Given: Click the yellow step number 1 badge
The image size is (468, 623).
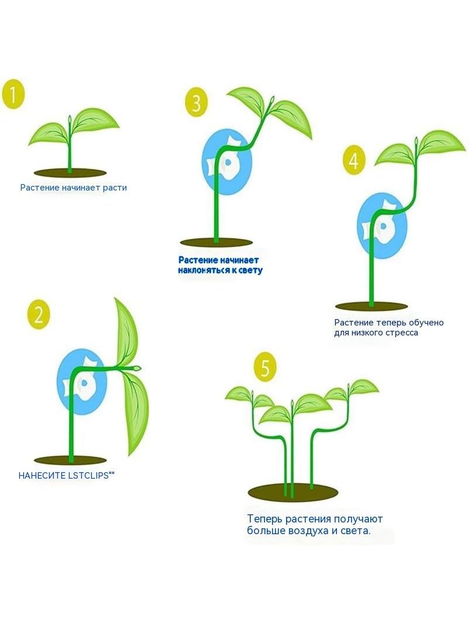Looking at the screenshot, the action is coord(13,95).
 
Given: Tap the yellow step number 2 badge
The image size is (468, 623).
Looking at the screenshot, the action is coord(39,314).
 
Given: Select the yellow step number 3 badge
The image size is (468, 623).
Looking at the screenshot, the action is coord(197,102).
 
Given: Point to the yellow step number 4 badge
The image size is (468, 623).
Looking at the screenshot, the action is coord(354,160).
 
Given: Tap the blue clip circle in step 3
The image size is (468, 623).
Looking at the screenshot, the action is coord(227,162).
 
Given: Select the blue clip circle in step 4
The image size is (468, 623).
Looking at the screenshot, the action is coord(382,226).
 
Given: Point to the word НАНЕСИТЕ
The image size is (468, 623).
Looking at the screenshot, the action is coord(42,476).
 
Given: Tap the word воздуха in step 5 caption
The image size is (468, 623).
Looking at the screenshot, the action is coord(316,531).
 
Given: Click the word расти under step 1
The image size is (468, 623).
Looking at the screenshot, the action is coord(115,188).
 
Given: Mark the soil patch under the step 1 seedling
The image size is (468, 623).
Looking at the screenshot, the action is coord(70,173).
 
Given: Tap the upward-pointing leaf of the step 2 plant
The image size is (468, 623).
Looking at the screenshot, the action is coord(126,332).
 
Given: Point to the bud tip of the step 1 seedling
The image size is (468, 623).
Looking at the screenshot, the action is coord(70,119).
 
